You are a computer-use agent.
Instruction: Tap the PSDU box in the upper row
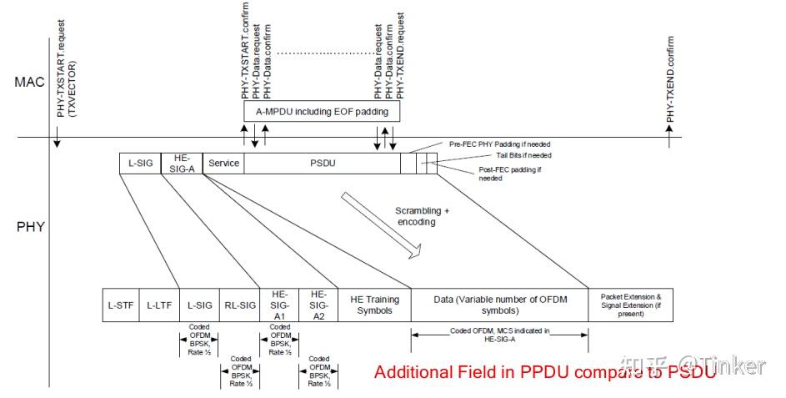pyautogui.click(x=322, y=164)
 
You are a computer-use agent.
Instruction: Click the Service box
pyautogui.click(x=223, y=164)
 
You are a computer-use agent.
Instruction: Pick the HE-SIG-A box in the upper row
pyautogui.click(x=182, y=164)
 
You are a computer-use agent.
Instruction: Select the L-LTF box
pyautogui.click(x=158, y=305)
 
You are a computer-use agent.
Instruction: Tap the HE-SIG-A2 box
pyautogui.click(x=318, y=305)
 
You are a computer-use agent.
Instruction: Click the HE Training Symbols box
pyautogui.click(x=374, y=305)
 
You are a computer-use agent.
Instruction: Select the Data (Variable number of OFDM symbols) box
pyautogui.click(x=499, y=305)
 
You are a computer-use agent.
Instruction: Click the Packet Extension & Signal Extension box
pyautogui.click(x=630, y=305)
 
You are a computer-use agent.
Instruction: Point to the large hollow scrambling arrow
pyautogui.click(x=386, y=221)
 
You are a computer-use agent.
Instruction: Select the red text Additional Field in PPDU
pyautogui.click(x=544, y=371)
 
